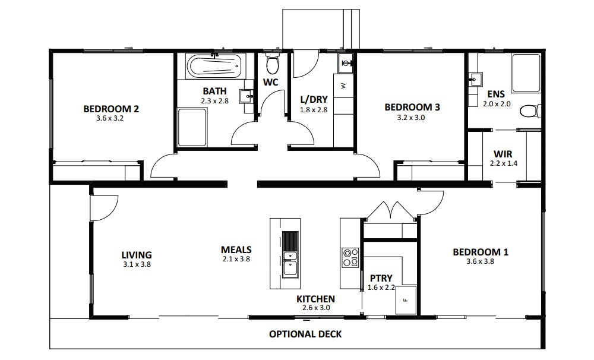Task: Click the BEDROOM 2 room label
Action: pyautogui.click(x=111, y=109)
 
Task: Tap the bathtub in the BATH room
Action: pyautogui.click(x=214, y=66)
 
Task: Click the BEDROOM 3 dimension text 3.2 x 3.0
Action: pyautogui.click(x=412, y=118)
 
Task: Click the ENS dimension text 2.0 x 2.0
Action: pyautogui.click(x=497, y=104)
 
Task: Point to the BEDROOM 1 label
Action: pyautogui.click(x=481, y=252)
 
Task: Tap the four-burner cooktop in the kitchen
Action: pyautogui.click(x=350, y=256)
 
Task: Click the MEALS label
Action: pyautogui.click(x=236, y=250)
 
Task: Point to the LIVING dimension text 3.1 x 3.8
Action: pyautogui.click(x=137, y=264)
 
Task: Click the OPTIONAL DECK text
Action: pyautogui.click(x=305, y=334)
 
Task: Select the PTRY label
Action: pyautogui.click(x=381, y=277)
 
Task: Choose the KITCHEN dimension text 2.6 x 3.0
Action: pyautogui.click(x=315, y=308)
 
